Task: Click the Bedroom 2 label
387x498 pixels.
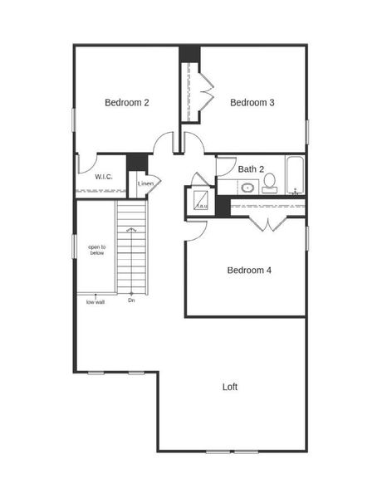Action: [x=127, y=103]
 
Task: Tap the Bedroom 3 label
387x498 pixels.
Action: [x=252, y=103]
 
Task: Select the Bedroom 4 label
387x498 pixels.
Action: [x=249, y=270]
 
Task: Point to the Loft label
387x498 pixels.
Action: [x=230, y=387]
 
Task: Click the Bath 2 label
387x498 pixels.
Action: [x=251, y=169]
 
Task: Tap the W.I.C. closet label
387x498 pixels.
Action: [x=104, y=177]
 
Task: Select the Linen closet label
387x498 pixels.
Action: [x=145, y=183]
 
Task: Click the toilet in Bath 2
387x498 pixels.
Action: [x=270, y=187]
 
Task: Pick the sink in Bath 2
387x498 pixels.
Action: [x=247, y=188]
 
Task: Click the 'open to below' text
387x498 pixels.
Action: [x=97, y=249]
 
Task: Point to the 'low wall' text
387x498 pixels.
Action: [x=96, y=301]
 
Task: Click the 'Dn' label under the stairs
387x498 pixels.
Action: [x=131, y=300]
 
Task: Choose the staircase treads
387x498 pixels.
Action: [x=131, y=249]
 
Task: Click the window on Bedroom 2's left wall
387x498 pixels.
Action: [x=74, y=120]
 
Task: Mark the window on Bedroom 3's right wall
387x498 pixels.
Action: [x=307, y=131]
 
